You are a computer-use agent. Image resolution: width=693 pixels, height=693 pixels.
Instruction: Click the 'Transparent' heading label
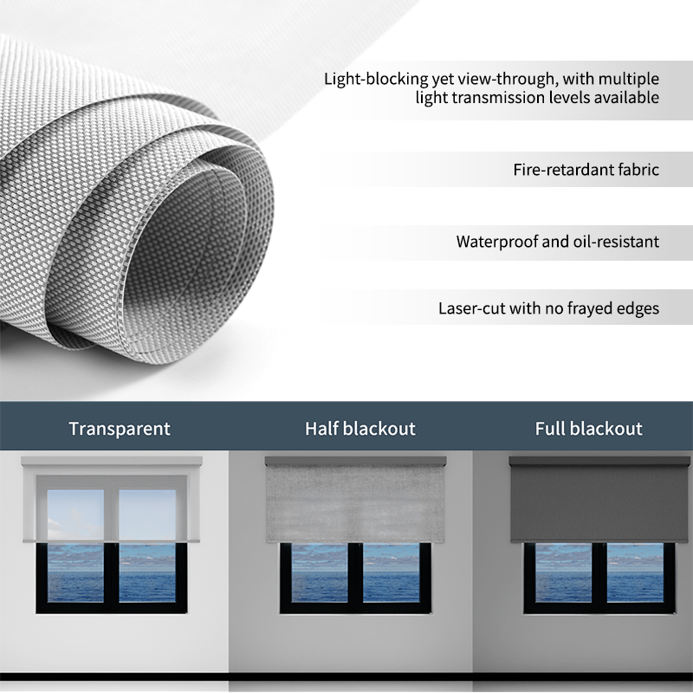point(120,428)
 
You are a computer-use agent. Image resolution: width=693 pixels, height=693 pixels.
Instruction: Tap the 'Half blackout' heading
point(359,428)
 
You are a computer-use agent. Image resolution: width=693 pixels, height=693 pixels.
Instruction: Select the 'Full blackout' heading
point(588,428)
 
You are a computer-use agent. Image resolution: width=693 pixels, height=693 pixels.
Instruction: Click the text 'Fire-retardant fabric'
point(586,169)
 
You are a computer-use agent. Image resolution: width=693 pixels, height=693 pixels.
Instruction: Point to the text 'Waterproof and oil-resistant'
point(557,241)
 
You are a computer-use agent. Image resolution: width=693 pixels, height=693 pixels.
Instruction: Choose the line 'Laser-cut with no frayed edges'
point(548,308)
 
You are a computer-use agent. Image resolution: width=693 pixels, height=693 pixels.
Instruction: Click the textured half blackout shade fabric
point(355,502)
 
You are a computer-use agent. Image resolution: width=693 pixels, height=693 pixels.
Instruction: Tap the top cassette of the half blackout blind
point(355,461)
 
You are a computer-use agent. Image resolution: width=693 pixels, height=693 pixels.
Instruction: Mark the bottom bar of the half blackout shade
point(355,541)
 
